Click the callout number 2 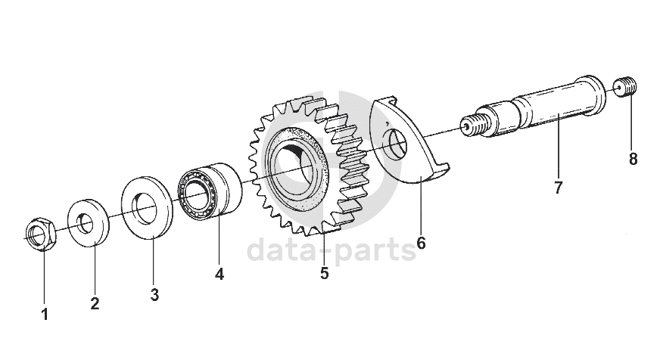(x=95, y=304)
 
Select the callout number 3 (x=154, y=295)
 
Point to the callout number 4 (x=219, y=275)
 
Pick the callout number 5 (x=324, y=273)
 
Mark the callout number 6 (x=421, y=244)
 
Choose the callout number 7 (x=558, y=188)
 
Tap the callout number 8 (x=633, y=160)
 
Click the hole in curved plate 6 (x=395, y=144)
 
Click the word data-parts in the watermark (x=332, y=249)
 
